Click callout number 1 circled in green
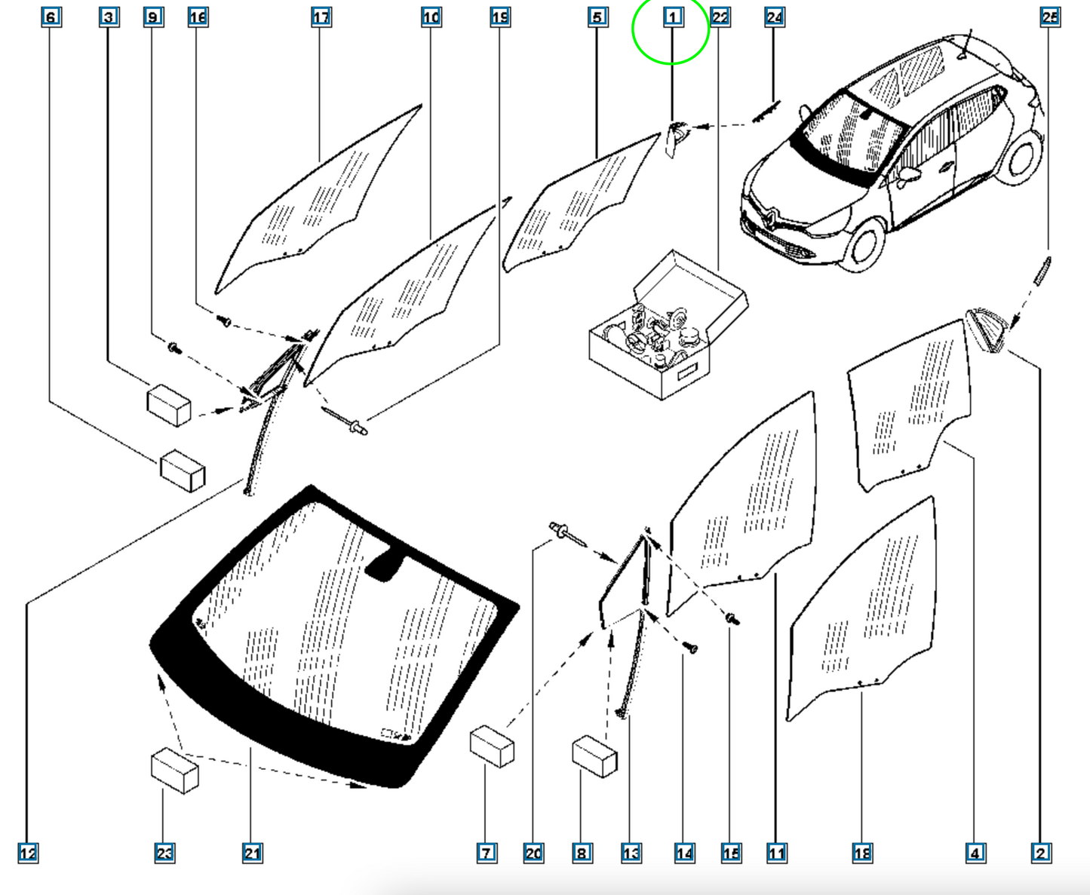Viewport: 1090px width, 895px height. (673, 17)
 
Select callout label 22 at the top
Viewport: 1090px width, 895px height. (720, 17)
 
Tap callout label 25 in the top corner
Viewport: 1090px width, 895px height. (1050, 17)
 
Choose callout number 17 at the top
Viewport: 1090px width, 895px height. (321, 17)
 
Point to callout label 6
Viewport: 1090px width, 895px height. (51, 17)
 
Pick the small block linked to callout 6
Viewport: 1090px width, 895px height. (183, 470)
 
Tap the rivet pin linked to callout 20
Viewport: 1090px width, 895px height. (567, 534)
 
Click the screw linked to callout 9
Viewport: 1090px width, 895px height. (175, 348)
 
